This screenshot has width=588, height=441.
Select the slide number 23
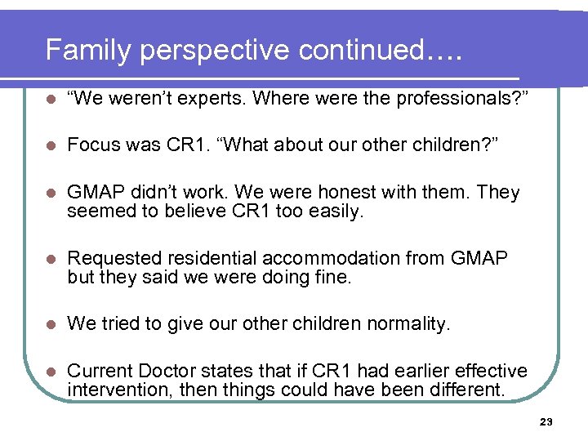(x=546, y=421)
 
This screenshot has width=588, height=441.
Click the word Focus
(x=91, y=145)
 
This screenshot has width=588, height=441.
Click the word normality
(x=408, y=324)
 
